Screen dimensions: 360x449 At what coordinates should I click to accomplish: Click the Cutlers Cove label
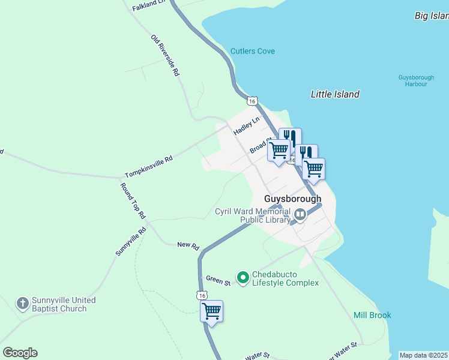pyautogui.click(x=252, y=51)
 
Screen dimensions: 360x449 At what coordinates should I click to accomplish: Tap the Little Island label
pyautogui.click(x=335, y=94)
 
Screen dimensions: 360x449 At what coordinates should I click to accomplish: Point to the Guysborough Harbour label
pyautogui.click(x=412, y=80)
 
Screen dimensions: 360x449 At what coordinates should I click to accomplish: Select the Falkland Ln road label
pyautogui.click(x=148, y=4)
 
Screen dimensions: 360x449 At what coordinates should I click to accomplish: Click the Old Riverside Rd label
pyautogui.click(x=166, y=55)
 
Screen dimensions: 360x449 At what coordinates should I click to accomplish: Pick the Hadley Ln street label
pyautogui.click(x=246, y=125)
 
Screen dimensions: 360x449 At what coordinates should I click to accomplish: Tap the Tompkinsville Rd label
pyautogui.click(x=148, y=167)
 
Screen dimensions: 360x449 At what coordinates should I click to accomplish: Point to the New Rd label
pyautogui.click(x=187, y=245)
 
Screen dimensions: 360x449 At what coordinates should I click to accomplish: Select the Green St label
pyautogui.click(x=218, y=280)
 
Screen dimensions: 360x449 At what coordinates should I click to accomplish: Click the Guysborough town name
pyautogui.click(x=293, y=199)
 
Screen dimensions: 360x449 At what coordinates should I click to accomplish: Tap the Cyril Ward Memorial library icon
pyautogui.click(x=300, y=214)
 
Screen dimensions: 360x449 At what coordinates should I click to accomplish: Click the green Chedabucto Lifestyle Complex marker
pyautogui.click(x=243, y=277)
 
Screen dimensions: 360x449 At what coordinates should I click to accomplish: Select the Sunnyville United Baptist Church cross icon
pyautogui.click(x=23, y=304)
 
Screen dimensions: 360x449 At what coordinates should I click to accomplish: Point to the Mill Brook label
pyautogui.click(x=372, y=315)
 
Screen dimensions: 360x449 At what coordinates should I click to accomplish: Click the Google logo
pyautogui.click(x=20, y=353)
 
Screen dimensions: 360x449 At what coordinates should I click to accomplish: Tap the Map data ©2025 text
pyautogui.click(x=423, y=355)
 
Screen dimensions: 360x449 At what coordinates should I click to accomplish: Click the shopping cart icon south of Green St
pyautogui.click(x=211, y=311)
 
